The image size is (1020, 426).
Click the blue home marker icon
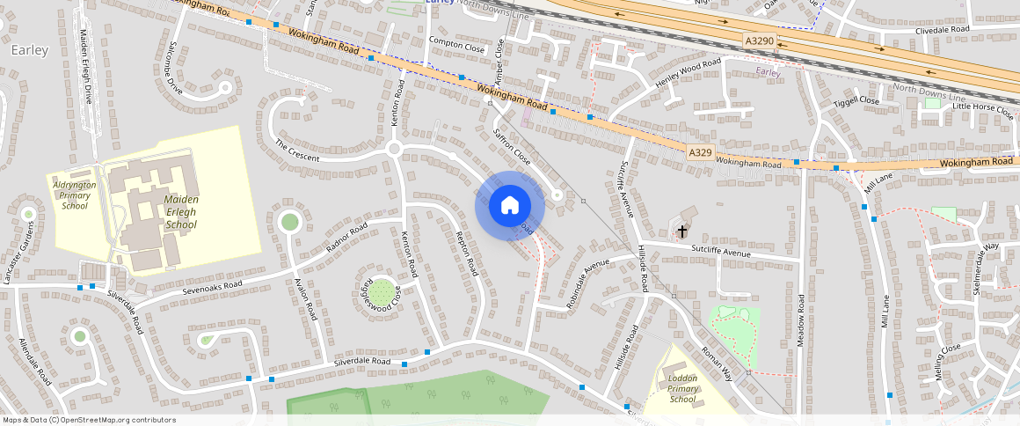point(509,205)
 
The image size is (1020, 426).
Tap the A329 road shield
point(700,153)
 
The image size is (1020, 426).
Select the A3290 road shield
point(759,41)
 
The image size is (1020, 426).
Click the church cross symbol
point(681,232)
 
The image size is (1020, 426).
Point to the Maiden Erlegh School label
point(180,212)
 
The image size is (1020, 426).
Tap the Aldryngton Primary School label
point(75,195)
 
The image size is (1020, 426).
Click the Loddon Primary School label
point(682,388)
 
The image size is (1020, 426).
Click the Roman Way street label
point(717,362)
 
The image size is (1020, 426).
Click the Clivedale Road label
point(941,29)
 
